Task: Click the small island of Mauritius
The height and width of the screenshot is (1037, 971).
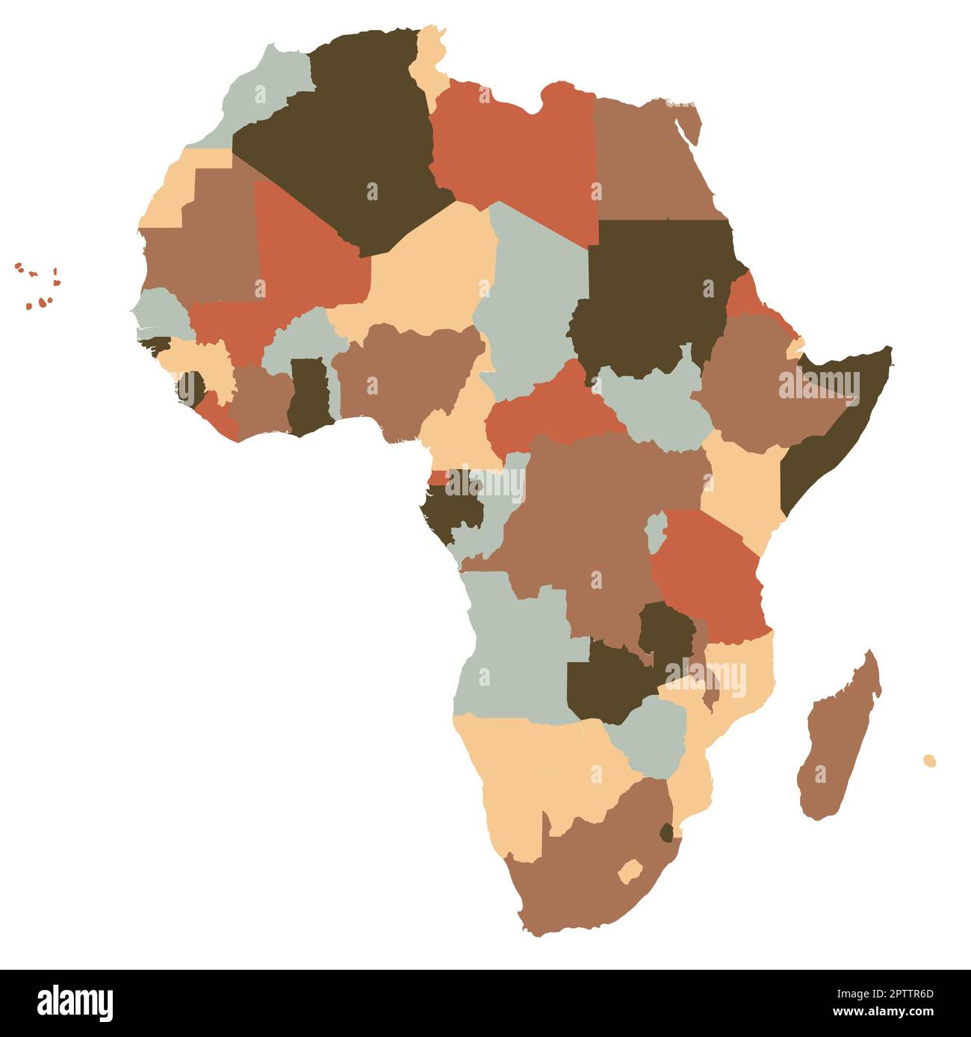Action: point(929,761)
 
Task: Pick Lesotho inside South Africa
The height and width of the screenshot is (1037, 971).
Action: point(630,871)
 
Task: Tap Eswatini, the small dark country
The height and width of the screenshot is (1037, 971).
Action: point(666,832)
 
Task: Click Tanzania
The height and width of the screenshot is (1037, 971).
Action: point(710,575)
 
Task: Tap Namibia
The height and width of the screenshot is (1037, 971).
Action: point(523,770)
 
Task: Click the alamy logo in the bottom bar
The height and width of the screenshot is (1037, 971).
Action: point(75,1003)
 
